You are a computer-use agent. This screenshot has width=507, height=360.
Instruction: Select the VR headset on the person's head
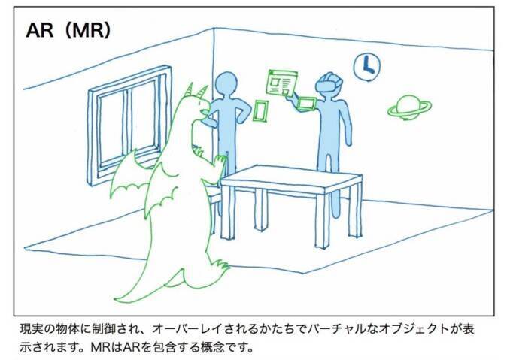(328, 83)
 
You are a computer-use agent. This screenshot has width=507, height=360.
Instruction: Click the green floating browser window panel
(281, 82)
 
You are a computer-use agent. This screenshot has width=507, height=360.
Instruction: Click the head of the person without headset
(226, 85)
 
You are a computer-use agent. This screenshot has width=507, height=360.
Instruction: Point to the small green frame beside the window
(261, 111)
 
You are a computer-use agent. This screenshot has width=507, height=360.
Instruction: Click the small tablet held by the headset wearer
(307, 103)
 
